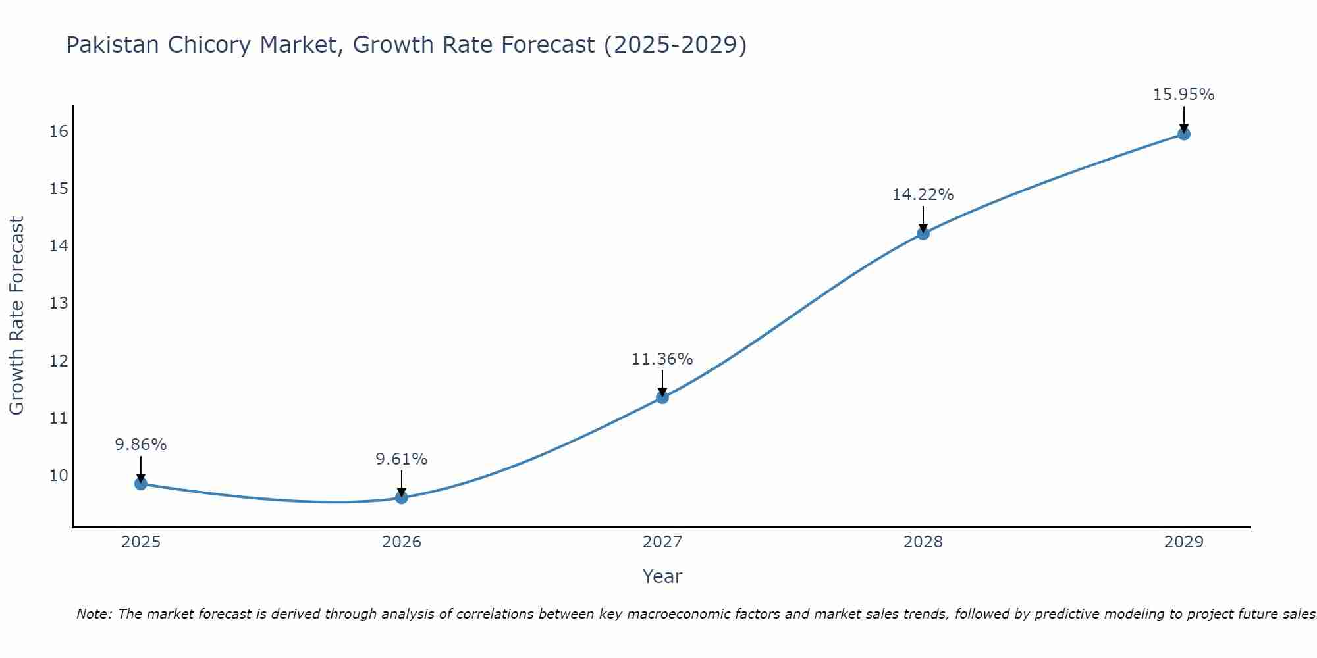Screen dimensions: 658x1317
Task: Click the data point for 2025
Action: [140, 484]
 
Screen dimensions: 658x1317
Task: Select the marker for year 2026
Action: [402, 497]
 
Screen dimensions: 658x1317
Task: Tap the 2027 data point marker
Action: [662, 397]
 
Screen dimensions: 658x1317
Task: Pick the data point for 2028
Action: [923, 233]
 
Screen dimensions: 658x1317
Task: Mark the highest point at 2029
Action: [1183, 134]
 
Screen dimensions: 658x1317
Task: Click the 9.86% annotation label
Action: [141, 445]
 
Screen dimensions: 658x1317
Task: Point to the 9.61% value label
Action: [402, 459]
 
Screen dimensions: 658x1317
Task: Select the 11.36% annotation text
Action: [662, 359]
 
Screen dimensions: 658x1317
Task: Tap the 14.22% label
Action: [923, 195]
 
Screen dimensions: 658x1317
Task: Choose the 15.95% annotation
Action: [1183, 95]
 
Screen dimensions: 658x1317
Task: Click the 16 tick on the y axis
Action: [59, 132]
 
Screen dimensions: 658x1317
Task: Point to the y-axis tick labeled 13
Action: [59, 303]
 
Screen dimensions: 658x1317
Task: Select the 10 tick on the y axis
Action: [59, 475]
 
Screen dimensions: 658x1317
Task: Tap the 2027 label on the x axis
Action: [662, 542]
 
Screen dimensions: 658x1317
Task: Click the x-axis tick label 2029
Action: [1183, 542]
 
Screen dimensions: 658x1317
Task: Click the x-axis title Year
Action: [662, 576]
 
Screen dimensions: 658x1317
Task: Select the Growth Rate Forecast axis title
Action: [16, 316]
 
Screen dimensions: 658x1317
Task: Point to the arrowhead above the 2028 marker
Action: [923, 228]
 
